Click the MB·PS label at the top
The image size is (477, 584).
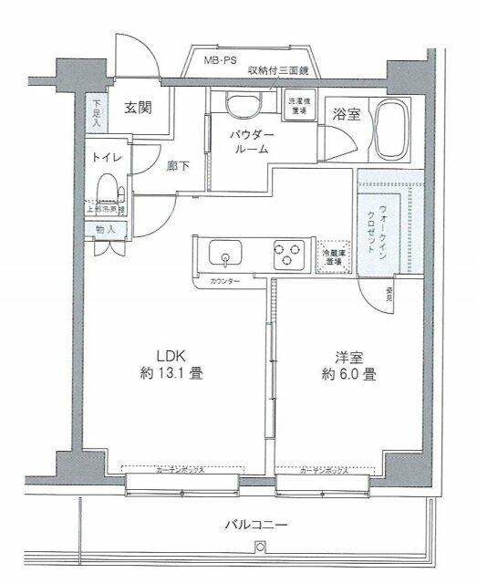coord(222,61)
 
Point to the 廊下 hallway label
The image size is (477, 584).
coord(179,166)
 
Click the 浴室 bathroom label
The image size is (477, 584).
coord(345,116)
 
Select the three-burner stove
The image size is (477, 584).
coord(289,253)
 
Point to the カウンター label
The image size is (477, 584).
coord(224,281)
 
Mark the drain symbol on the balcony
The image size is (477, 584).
coord(259,547)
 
